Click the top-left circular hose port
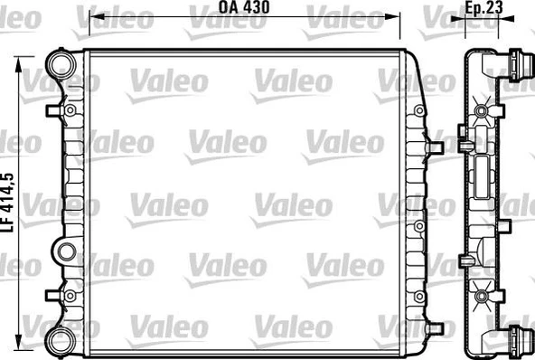[61, 65]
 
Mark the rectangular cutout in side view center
[483, 171]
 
